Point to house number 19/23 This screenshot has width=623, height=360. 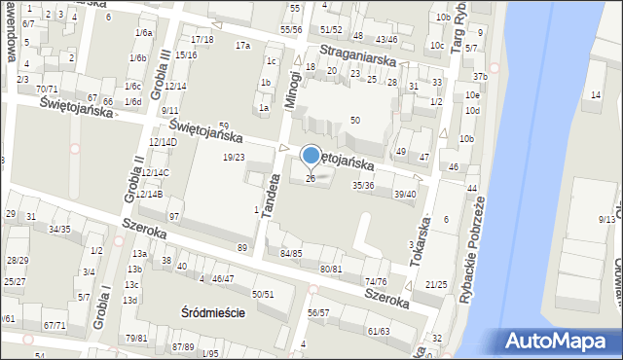coord(234,157)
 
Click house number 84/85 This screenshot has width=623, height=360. coord(291,253)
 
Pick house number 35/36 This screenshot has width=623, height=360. coord(363,185)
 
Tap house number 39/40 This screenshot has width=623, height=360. coord(405,194)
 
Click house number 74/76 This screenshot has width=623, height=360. coord(376,281)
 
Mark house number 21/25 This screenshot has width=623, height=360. coord(436,284)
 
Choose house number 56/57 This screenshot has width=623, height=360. coord(318,312)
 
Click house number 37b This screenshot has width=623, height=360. coord(480,77)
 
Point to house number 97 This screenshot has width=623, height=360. coord(174,215)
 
